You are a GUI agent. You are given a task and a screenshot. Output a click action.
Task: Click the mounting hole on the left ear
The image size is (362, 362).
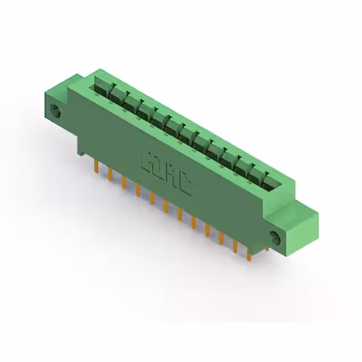click(x=55, y=111)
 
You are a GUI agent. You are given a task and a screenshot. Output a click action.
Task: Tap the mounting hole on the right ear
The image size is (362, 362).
click(x=275, y=238)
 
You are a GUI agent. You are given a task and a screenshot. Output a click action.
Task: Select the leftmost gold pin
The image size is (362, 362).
click(x=96, y=165)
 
